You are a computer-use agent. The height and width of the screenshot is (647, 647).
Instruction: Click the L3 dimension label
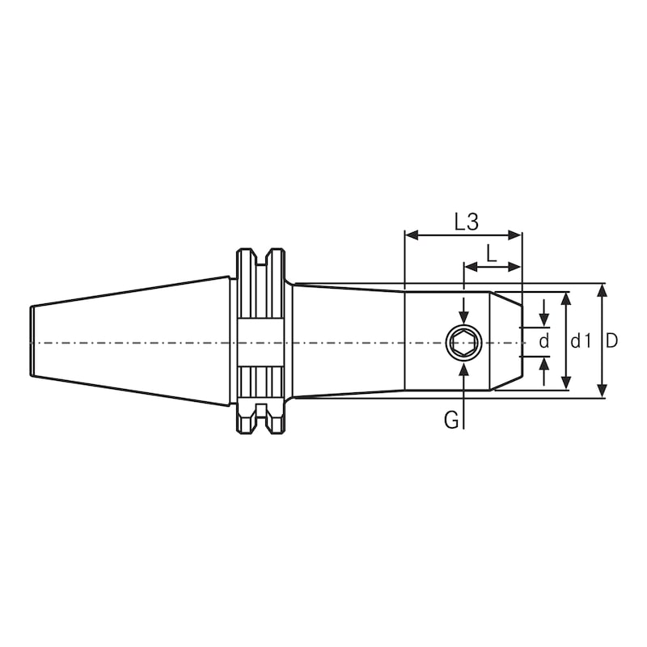(466, 221)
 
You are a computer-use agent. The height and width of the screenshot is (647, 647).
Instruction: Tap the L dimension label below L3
(491, 252)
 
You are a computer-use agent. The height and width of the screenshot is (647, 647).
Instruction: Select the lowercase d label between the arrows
(544, 341)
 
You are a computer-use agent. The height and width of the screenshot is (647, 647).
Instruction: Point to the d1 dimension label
(581, 341)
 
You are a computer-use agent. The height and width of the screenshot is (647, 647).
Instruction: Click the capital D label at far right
(612, 341)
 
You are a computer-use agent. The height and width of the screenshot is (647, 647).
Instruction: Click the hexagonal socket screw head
(463, 342)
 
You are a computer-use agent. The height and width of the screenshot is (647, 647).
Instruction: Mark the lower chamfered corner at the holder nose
(505, 385)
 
